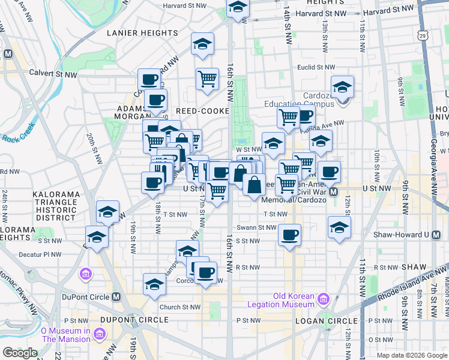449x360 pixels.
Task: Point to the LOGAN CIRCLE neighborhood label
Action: pos(327,321)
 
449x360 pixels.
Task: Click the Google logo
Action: pos(20,353)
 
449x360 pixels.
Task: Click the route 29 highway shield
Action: pos(423,37)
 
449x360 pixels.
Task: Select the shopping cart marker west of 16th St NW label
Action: pos(207,78)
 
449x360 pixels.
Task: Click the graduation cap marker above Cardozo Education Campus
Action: pos(342,88)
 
